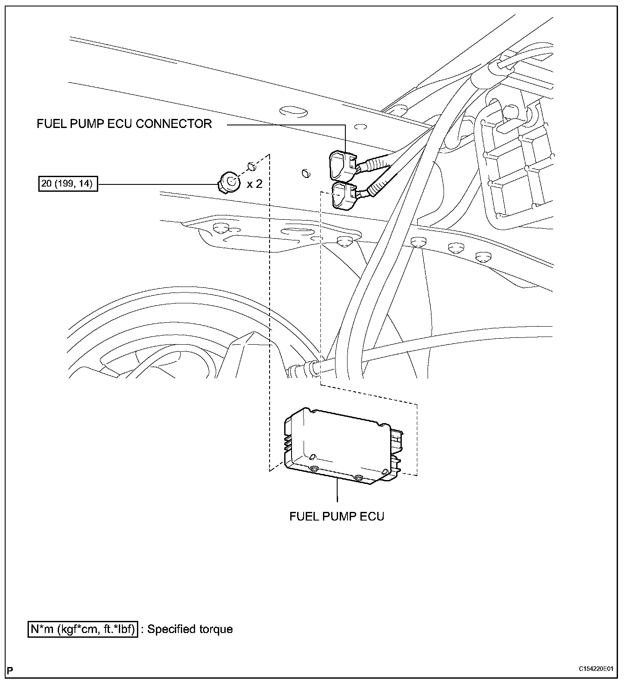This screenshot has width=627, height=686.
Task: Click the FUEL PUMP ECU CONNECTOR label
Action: click(x=124, y=124)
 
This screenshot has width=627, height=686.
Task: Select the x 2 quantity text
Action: click(x=254, y=184)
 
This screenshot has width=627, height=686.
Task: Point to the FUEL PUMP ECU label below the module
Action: click(x=336, y=516)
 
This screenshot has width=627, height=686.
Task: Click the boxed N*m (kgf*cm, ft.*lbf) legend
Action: click(x=83, y=629)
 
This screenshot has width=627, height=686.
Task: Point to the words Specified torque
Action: click(x=190, y=629)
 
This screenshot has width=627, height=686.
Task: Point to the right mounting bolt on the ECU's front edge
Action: click(x=358, y=477)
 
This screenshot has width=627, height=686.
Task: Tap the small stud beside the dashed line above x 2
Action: click(x=251, y=166)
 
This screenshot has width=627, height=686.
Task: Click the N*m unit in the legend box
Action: click(x=42, y=629)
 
